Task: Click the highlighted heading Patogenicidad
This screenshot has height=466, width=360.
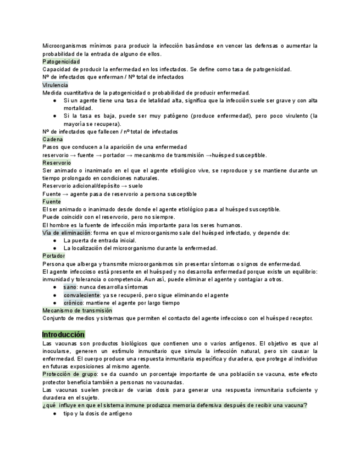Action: (x=61, y=62)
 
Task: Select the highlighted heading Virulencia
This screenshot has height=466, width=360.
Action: (x=55, y=85)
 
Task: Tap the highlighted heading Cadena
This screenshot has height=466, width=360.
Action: (x=52, y=140)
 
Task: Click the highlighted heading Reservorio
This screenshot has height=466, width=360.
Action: (x=57, y=163)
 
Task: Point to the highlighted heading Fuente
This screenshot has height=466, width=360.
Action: (x=52, y=202)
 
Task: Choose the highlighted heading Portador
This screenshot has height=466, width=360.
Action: (x=54, y=256)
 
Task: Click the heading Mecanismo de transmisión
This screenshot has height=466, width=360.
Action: (x=77, y=310)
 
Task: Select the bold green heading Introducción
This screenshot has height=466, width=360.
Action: (x=64, y=334)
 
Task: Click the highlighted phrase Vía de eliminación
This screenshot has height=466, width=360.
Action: (x=67, y=232)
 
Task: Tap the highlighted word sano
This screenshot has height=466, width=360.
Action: (x=70, y=287)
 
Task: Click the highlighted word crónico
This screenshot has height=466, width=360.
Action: (x=73, y=303)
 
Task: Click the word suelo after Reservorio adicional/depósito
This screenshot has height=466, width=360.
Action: (x=135, y=186)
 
